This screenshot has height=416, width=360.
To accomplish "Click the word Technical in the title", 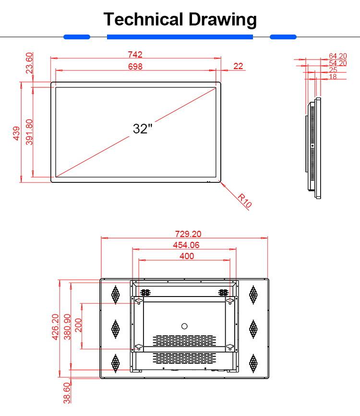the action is click(144, 20).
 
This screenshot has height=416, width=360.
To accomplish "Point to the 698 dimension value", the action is click(135, 67).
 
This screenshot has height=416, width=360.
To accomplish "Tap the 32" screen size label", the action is click(143, 129).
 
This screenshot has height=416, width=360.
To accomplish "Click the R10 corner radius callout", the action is click(245, 200).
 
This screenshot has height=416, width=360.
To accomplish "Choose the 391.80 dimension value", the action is click(29, 133).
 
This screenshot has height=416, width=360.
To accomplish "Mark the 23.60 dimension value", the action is click(29, 63).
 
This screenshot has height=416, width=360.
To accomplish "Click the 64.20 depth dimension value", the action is click(337, 56).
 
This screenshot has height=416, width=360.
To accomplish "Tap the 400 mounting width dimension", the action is click(186, 256).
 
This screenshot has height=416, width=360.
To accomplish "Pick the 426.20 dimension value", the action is click(55, 327).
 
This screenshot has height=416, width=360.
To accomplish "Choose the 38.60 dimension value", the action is click(67, 393).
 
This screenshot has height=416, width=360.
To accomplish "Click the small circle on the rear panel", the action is click(184, 326).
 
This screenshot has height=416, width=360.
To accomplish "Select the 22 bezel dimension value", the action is click(239, 66).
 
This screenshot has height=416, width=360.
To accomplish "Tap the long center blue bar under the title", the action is click(180, 36).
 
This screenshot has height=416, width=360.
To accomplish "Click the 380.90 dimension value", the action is click(67, 327).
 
